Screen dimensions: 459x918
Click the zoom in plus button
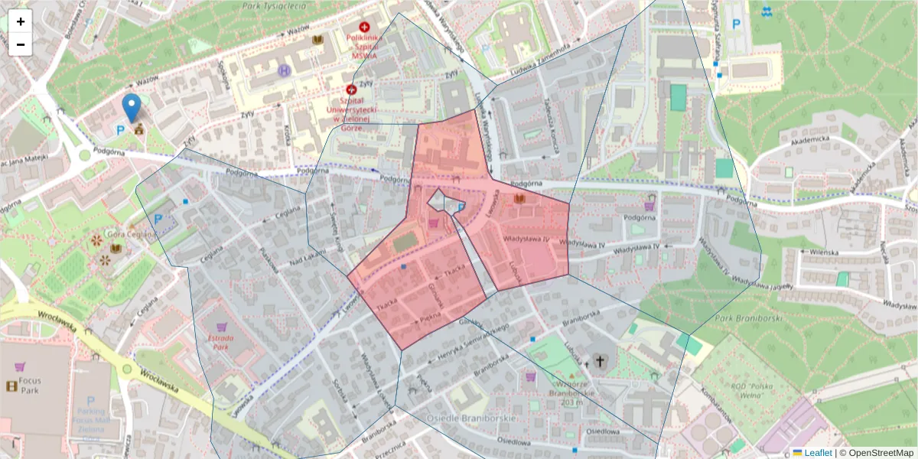coord(20,21)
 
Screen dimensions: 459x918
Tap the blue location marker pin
coord(132,107)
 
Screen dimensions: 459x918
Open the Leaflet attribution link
coord(818,452)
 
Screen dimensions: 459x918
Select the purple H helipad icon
coord(284,70)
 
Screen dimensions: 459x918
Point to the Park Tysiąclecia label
coord(272,6)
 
